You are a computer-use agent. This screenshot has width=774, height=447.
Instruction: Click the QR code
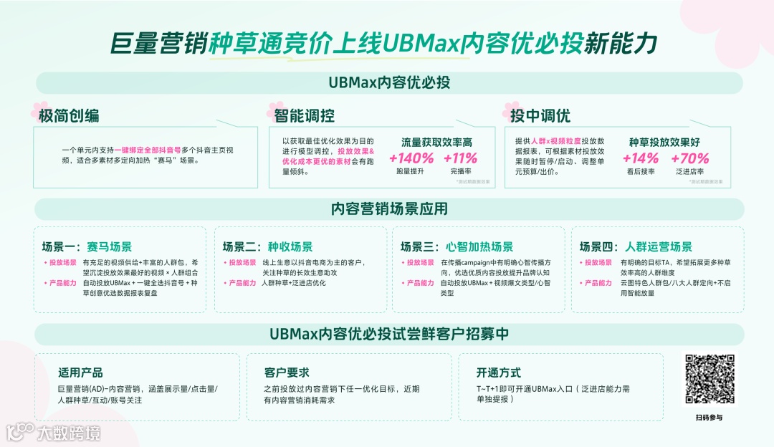[709, 380]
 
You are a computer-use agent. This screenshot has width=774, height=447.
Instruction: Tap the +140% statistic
[411, 158]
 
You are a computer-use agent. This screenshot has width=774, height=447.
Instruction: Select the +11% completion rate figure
[460, 158]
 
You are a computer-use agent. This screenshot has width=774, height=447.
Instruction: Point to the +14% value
[640, 158]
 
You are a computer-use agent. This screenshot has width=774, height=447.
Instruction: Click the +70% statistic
[689, 158]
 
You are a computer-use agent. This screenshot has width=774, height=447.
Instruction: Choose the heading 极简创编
[70, 116]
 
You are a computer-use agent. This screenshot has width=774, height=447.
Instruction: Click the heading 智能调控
[304, 116]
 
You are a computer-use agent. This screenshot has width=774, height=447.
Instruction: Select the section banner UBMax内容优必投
[389, 82]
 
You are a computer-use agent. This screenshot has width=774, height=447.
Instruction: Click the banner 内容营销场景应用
[389, 208]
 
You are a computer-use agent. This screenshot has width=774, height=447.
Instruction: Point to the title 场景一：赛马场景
[87, 247]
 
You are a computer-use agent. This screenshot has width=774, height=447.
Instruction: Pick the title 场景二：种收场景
[267, 247]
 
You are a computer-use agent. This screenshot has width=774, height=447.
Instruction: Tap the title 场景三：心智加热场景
[457, 247]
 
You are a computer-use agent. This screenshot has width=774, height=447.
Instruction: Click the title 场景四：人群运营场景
[636, 247]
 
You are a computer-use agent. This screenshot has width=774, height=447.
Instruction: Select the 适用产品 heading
[80, 372]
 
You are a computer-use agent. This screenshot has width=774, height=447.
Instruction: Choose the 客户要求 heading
[287, 372]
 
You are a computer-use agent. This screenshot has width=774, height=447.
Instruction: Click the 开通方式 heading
[498, 372]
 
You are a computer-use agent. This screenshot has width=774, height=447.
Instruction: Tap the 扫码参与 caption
[709, 417]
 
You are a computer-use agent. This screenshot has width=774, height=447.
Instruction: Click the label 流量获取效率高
[436, 143]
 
